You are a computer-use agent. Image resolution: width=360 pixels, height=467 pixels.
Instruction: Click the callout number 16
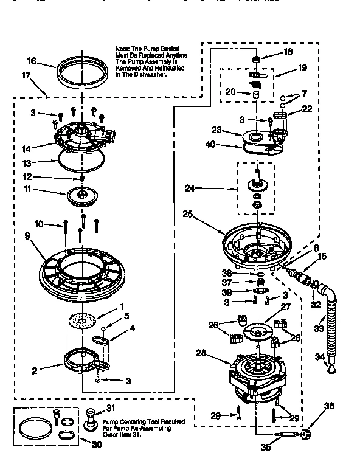click(32, 61)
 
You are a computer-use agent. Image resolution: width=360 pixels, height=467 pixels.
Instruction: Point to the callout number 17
click(26, 76)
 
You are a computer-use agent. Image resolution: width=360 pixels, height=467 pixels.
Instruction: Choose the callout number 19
click(302, 69)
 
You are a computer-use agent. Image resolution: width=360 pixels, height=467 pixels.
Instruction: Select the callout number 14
click(26, 147)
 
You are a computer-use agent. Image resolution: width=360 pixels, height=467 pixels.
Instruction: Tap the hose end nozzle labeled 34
click(332, 367)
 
